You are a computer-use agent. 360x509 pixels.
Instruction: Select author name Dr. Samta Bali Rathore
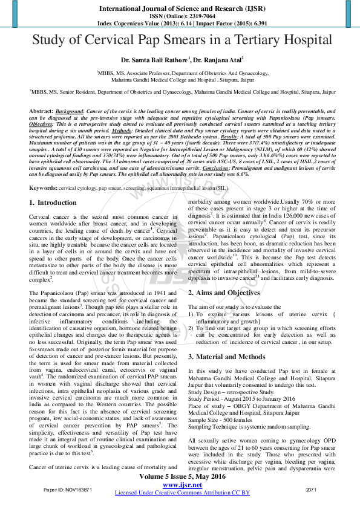click(154, 60)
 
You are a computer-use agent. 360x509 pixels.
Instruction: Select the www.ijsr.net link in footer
click(182, 485)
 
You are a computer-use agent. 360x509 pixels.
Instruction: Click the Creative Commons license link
click(182, 493)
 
